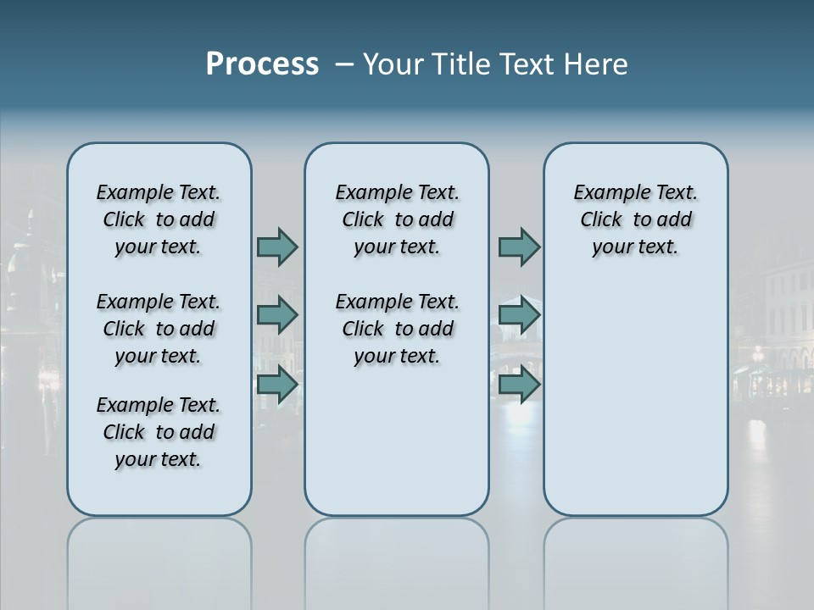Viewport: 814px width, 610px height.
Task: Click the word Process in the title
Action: [262, 64]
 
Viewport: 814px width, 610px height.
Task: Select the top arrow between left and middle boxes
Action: [276, 247]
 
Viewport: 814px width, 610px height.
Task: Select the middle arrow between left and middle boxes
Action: [276, 315]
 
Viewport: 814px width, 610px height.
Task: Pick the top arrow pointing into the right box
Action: [519, 247]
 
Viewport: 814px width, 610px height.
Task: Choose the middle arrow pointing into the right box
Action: [519, 315]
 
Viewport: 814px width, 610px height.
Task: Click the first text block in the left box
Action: [159, 219]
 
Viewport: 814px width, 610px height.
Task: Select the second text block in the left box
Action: [159, 329]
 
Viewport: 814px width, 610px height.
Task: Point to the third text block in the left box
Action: [159, 432]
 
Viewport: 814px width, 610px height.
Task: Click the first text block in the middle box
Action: [397, 219]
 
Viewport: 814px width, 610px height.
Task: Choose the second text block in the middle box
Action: [397, 329]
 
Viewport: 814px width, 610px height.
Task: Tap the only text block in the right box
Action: [635, 219]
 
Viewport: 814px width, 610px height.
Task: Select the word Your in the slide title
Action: [394, 64]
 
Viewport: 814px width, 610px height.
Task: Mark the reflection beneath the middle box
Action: [397, 551]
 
